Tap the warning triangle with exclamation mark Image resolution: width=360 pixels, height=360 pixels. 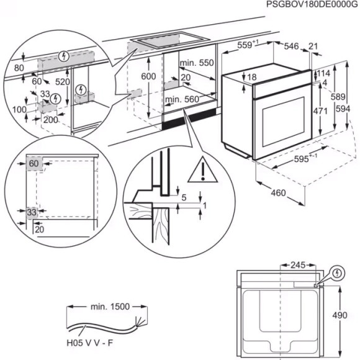point(200,169)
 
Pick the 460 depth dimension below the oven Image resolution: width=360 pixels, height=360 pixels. point(278,193)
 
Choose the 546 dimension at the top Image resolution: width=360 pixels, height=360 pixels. point(292,45)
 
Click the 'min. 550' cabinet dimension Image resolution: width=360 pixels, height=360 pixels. point(196,63)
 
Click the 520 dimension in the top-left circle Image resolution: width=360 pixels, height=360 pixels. point(62,81)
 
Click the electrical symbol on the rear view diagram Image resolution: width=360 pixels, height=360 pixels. point(337,272)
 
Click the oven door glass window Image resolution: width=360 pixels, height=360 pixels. point(283,125)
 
